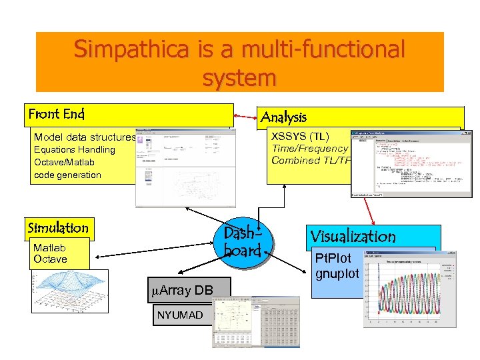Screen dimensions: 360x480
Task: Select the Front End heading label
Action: click(x=57, y=114)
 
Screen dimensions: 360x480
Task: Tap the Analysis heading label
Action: click(x=284, y=117)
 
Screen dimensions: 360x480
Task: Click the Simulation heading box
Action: click(x=58, y=228)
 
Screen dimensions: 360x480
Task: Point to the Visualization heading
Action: click(x=353, y=236)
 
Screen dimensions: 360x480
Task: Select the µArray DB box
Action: click(x=186, y=289)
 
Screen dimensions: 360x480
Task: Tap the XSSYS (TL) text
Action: click(x=300, y=137)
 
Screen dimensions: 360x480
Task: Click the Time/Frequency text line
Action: click(x=309, y=149)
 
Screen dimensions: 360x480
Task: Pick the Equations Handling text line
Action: click(x=75, y=149)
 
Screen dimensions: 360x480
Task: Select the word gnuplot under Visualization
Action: click(x=337, y=273)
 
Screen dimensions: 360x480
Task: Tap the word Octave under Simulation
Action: click(x=50, y=259)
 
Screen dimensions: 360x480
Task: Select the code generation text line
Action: click(x=67, y=175)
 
